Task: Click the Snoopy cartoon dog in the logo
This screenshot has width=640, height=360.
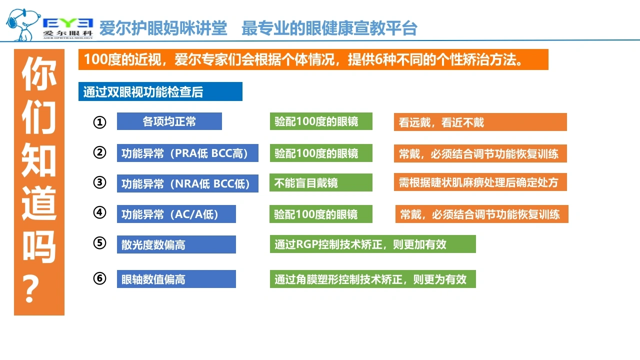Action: [23, 25]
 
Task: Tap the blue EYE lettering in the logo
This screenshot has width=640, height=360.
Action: [68, 23]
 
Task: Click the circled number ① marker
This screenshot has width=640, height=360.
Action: [99, 122]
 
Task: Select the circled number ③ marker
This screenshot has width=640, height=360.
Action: [99, 182]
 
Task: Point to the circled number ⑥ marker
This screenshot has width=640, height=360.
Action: [99, 278]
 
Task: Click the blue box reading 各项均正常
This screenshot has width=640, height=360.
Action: [169, 121]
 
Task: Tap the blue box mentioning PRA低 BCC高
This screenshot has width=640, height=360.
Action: [187, 153]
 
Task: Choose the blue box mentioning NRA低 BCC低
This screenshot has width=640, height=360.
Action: [187, 183]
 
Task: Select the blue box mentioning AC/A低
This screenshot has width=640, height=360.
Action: [176, 214]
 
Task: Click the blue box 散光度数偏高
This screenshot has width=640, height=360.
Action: [176, 244]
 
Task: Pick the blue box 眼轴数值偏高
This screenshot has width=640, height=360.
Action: [176, 279]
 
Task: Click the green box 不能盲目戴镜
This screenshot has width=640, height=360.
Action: [321, 182]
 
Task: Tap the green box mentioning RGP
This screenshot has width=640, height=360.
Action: [373, 244]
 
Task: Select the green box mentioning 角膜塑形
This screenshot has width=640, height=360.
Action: [373, 279]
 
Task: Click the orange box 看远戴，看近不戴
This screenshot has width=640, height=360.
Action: [480, 122]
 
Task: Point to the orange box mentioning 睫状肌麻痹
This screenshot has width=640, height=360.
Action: [480, 182]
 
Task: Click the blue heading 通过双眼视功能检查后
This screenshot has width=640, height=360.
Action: [160, 91]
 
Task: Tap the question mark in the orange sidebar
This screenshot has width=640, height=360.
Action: [31, 289]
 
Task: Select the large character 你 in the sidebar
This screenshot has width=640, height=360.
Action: [39, 73]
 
